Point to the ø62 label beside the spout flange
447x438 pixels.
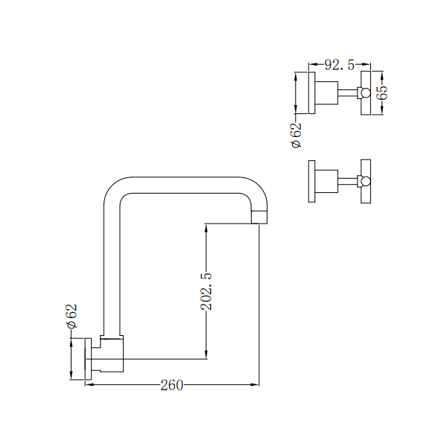pos(72,317)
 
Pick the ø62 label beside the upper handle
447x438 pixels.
pos(296,135)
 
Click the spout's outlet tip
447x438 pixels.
pos(259,216)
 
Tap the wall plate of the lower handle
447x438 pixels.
pos(311,181)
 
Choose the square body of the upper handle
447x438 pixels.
pos(326,93)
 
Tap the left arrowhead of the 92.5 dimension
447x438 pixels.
pos(312,66)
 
